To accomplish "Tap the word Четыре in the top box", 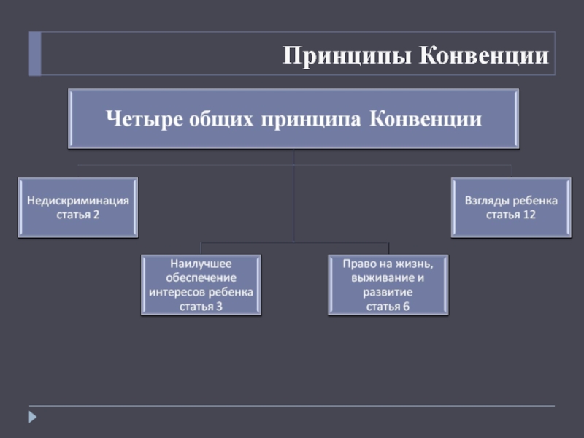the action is coord(142,119).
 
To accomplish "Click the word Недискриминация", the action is coord(78,200).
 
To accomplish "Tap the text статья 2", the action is coord(78,215).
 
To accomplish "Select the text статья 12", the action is coord(511,215).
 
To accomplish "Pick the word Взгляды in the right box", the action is coord(486,200).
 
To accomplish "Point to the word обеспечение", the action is coord(201,278).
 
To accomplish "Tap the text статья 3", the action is coord(201,306).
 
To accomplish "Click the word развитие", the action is coord(388,292).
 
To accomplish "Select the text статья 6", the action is coord(388,306).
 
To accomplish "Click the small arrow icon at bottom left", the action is coord(32,418).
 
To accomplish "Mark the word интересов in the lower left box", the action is coord(178,292).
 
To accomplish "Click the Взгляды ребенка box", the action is coord(511,207).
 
